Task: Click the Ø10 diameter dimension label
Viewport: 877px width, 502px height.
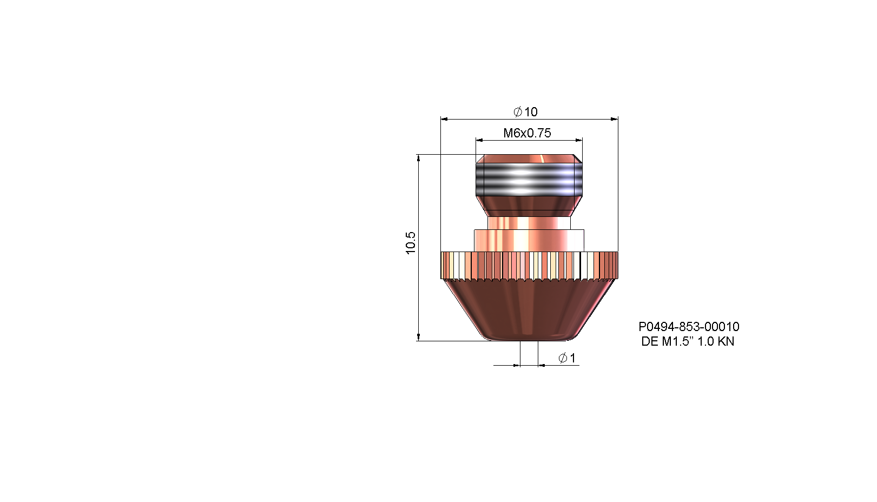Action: click(525, 112)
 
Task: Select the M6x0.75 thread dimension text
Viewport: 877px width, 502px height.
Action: click(527, 133)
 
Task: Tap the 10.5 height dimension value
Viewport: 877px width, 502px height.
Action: click(410, 243)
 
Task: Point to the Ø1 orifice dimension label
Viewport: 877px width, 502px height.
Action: click(567, 358)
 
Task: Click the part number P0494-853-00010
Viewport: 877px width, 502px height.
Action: click(689, 327)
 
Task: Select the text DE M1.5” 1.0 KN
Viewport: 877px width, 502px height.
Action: click(688, 341)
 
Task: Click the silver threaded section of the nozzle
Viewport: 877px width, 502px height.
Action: click(529, 180)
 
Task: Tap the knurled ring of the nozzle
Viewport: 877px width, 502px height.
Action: click(529, 266)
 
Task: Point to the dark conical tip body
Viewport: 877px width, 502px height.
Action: click(529, 310)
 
